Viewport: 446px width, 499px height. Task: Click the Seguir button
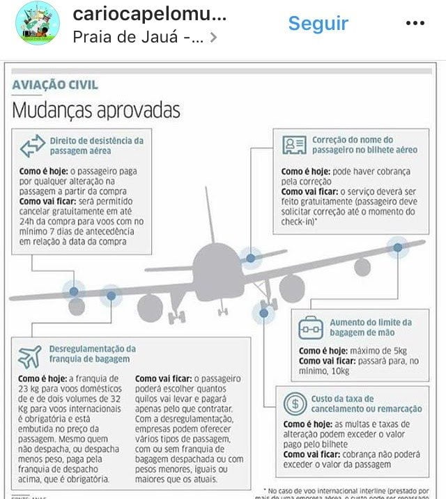tap(318, 23)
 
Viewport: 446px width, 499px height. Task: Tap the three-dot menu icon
tap(415, 23)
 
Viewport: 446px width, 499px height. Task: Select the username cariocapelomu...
tap(150, 15)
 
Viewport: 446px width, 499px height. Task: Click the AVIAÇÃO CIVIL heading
tap(56, 86)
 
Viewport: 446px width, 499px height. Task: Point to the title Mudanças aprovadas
tap(97, 110)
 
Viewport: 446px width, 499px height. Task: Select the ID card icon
tap(295, 145)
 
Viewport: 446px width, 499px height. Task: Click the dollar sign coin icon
tap(295, 403)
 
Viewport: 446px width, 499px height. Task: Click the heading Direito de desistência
tap(96, 145)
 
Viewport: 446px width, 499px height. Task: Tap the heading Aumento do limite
tap(371, 328)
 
